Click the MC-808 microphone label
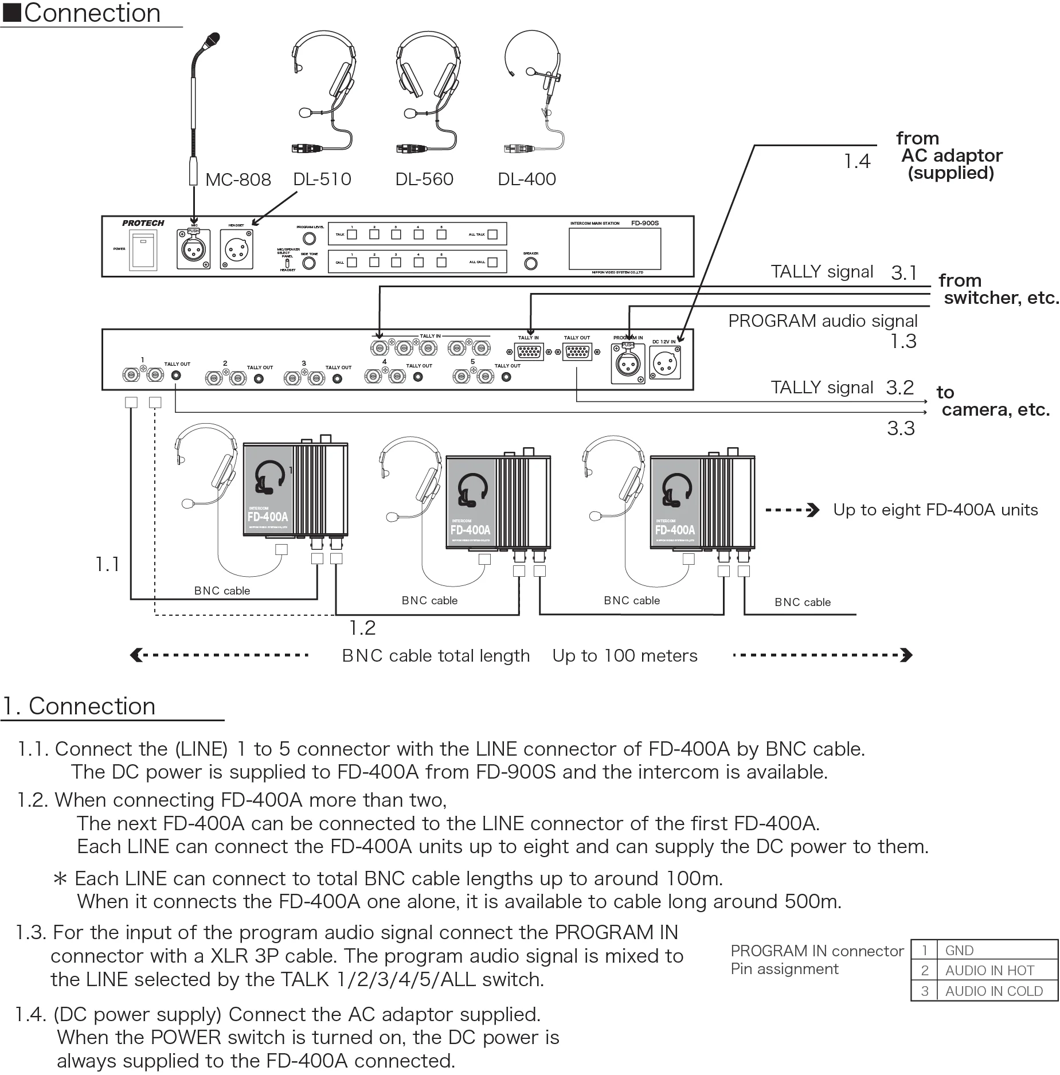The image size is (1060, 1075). coord(238,179)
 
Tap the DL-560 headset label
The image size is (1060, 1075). coord(424,179)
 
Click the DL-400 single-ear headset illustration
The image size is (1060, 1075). coord(533,92)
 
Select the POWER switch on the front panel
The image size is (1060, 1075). coord(143,251)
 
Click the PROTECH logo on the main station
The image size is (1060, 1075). coord(143,223)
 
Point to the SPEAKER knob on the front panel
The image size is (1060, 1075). coord(531,264)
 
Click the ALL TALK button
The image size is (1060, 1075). coord(492,234)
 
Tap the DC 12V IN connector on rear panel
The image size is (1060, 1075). coord(665,362)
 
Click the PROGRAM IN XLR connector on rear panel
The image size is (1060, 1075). coord(628,363)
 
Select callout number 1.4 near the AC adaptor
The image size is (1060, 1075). coord(857,162)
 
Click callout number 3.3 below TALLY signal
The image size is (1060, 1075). coord(901,428)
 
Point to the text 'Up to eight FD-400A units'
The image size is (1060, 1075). coord(935,510)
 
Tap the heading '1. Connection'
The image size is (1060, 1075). coord(79,706)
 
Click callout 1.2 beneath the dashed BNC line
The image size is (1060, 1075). coord(362,628)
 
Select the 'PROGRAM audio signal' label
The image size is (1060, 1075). coord(823,321)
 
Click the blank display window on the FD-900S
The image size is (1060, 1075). coord(615,249)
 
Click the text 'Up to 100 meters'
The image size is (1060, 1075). coord(625,655)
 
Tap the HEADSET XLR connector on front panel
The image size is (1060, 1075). coord(236,249)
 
